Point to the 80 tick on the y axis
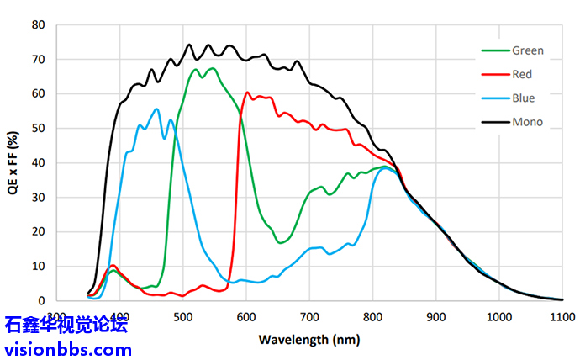click(x=38, y=24)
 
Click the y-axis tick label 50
click(x=38, y=128)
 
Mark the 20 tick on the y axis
click(x=38, y=231)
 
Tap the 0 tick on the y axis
click(x=41, y=300)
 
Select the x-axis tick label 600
click(x=245, y=317)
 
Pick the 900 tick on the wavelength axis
click(x=435, y=317)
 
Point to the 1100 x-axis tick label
click(x=562, y=317)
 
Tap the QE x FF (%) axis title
click(x=12, y=161)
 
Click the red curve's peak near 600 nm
click(x=247, y=93)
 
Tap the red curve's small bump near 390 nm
click(x=113, y=265)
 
